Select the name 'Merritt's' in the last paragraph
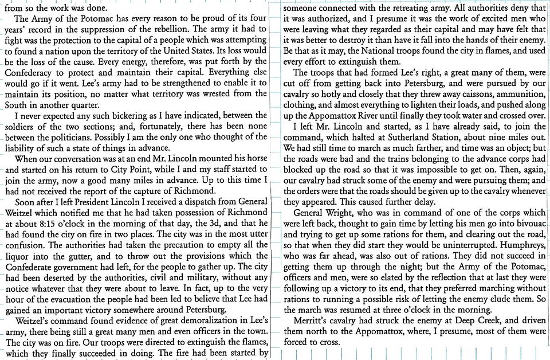pos(314,322)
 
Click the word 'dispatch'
pos(199,202)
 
